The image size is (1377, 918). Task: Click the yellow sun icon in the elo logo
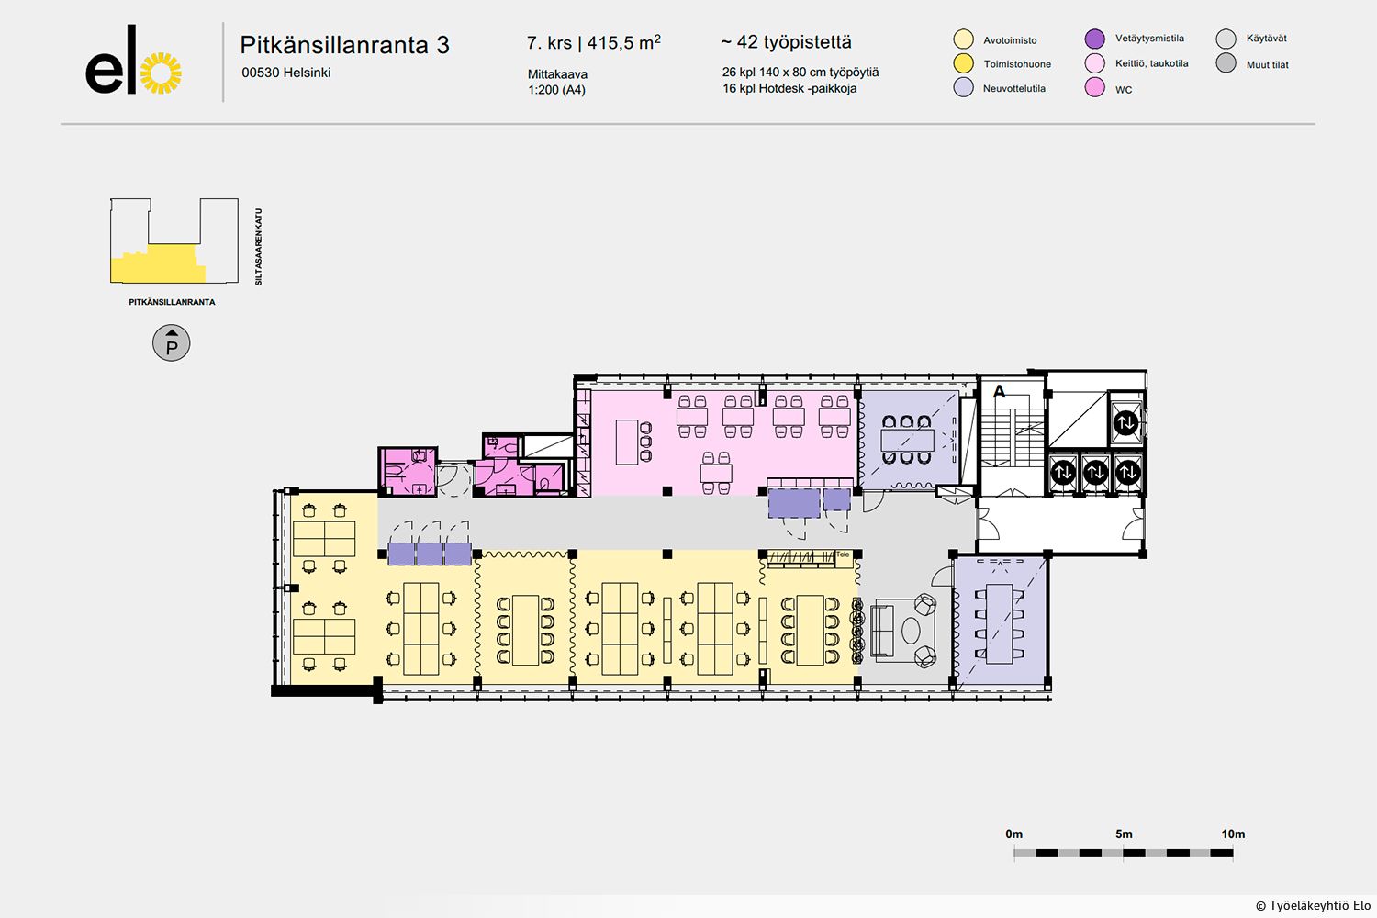161,73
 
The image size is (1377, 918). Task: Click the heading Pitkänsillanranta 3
344,45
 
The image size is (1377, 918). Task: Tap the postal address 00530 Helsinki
285,73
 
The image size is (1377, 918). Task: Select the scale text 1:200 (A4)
556,90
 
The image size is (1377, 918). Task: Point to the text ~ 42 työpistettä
786,42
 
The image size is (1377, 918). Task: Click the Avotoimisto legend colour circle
963,39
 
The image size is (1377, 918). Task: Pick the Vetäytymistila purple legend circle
1095,39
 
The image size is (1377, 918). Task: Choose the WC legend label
1124,90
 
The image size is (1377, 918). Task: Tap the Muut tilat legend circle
1226,63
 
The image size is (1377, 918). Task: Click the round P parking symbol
172,343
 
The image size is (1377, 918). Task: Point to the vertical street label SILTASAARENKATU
258,247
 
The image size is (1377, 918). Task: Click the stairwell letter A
999,391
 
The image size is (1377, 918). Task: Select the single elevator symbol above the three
1126,422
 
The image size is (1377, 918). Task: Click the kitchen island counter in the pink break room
626,442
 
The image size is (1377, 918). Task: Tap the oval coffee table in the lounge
911,631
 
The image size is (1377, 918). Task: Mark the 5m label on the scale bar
1124,834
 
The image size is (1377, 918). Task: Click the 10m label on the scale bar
1233,834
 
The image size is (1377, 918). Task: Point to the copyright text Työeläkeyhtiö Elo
1319,906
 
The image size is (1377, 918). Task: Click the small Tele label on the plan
842,554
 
